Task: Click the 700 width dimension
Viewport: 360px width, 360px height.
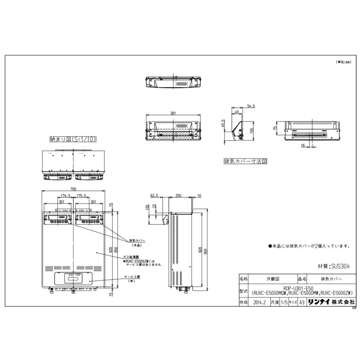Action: pyautogui.click(x=74, y=189)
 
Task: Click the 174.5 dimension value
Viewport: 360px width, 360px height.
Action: pyautogui.click(x=65, y=196)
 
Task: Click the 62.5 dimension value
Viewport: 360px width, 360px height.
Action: pyautogui.click(x=155, y=196)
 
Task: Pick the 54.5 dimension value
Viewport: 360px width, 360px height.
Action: pyautogui.click(x=251, y=106)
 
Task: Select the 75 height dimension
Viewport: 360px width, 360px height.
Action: pyautogui.click(x=276, y=128)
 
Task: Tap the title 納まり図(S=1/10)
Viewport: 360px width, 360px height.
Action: pyautogui.click(x=73, y=139)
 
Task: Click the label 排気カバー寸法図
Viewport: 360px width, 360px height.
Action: pyautogui.click(x=245, y=162)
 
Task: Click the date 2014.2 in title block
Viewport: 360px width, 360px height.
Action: pyautogui.click(x=260, y=303)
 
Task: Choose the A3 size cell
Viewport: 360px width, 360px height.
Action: pyautogui.click(x=303, y=303)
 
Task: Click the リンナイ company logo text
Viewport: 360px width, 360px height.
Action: pyautogui.click(x=319, y=303)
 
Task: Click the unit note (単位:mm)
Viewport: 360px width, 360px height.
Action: pyautogui.click(x=343, y=62)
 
